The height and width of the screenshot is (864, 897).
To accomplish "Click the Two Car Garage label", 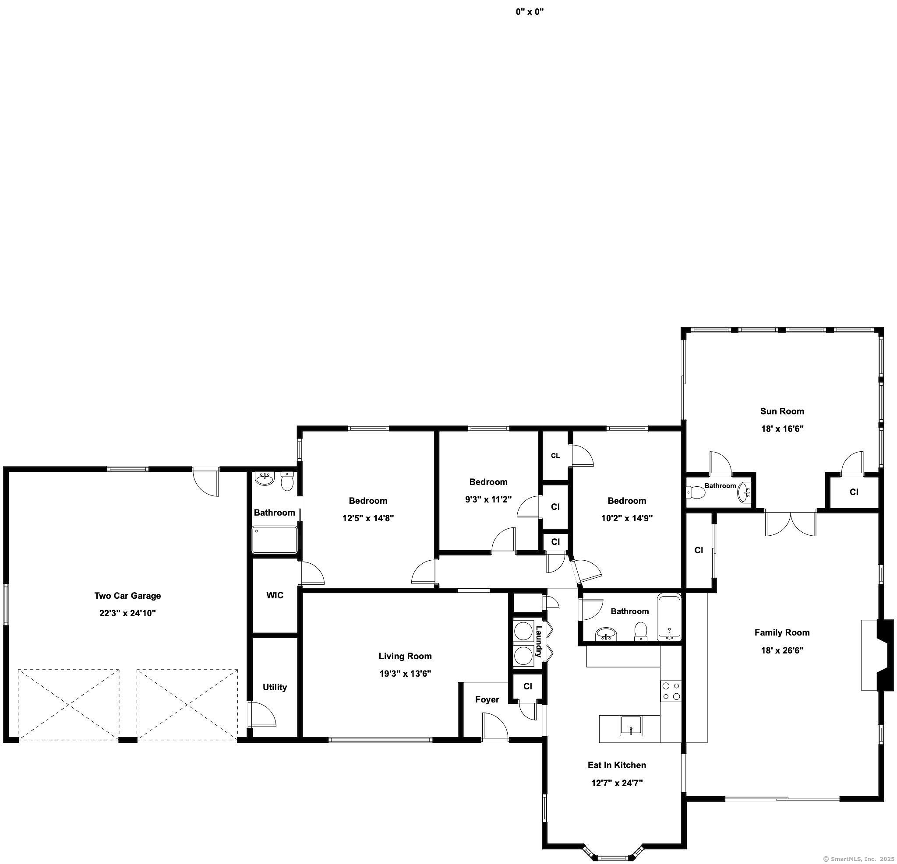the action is (x=128, y=596).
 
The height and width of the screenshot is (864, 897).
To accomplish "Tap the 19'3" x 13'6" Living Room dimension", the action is (x=405, y=673).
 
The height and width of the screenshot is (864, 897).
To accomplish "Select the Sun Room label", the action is (x=782, y=411).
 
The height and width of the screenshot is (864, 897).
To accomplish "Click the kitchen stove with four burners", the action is (x=671, y=691).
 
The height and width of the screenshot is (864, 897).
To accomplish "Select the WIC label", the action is (x=275, y=595).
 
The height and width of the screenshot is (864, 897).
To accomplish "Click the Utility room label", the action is (x=275, y=687).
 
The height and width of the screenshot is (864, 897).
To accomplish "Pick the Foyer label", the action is (x=487, y=699).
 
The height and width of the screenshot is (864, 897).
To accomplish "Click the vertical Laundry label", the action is (x=539, y=641).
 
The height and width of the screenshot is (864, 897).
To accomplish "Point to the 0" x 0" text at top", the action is (x=530, y=12).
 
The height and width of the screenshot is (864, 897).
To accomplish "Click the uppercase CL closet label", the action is (x=555, y=456).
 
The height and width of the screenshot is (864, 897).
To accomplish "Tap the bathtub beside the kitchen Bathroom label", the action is (x=669, y=617).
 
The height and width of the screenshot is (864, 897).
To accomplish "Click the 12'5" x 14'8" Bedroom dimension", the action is (x=368, y=518).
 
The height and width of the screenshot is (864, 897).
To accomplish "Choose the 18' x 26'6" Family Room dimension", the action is (x=782, y=650).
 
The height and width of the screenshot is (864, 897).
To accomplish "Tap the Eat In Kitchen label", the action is (x=617, y=765).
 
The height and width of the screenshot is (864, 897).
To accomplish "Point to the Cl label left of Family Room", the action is (x=699, y=550).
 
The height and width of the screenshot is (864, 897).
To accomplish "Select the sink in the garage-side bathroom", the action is (x=264, y=479).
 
